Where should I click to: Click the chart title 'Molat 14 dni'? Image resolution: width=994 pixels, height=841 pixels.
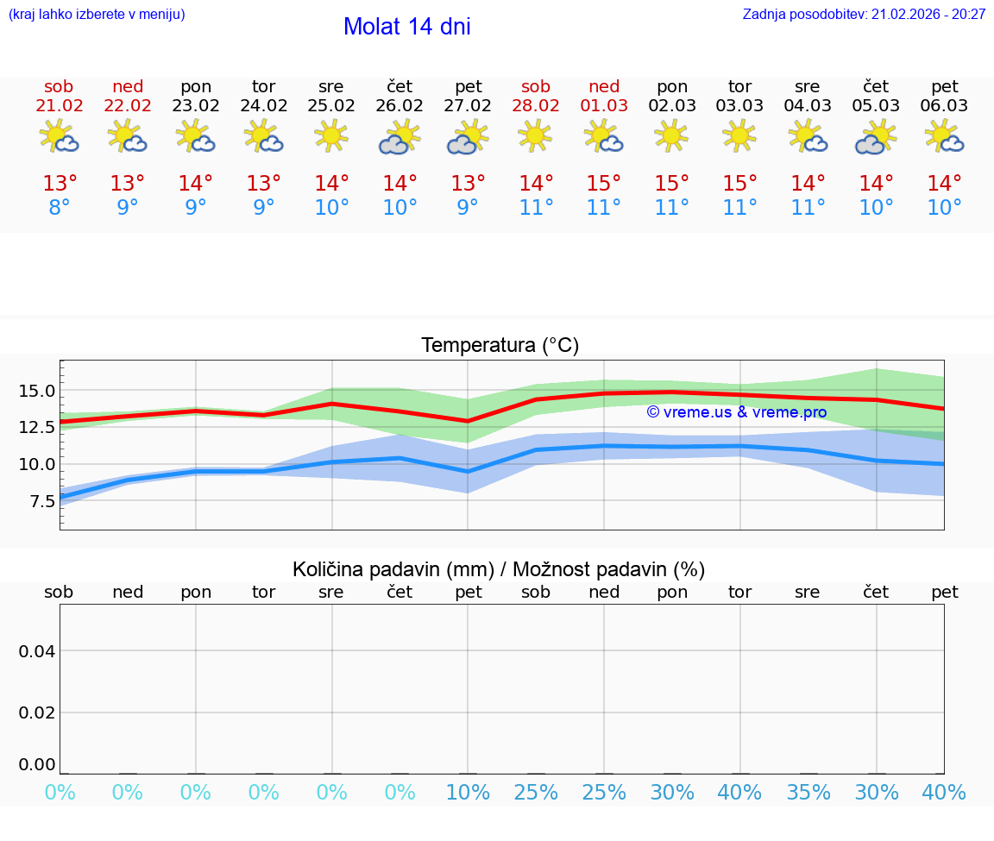point(406,27)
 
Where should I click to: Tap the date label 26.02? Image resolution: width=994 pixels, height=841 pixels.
point(399,106)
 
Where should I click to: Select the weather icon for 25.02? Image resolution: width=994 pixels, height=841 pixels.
point(331,136)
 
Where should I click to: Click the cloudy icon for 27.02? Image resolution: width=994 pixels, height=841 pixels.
point(467,137)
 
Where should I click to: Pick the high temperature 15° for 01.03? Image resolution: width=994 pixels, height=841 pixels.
point(604,184)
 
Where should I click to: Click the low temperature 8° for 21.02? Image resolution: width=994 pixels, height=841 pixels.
point(59,208)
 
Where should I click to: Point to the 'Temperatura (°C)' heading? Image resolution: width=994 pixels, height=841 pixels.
point(500,346)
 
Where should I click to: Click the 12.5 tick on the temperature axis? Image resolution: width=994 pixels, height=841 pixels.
point(37,427)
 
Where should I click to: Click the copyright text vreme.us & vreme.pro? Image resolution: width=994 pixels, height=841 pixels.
point(736,412)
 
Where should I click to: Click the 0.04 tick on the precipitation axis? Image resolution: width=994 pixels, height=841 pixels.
point(37,651)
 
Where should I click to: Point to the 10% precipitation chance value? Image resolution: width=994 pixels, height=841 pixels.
point(468,793)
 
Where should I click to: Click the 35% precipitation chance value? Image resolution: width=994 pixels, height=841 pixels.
point(808,793)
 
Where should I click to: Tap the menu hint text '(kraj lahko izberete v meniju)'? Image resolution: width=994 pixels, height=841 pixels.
point(96,15)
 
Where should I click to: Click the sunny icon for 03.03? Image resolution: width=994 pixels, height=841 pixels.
point(739,135)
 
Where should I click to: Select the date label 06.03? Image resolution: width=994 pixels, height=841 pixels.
point(945,106)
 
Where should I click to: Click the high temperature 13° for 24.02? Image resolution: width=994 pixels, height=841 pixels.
point(263,184)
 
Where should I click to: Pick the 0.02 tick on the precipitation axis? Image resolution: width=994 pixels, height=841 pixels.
point(37,712)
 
